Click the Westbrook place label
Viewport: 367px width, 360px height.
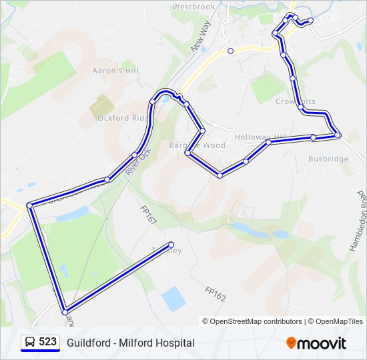click(x=194, y=7)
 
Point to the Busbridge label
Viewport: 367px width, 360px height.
click(x=328, y=159)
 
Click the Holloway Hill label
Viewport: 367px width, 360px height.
click(x=260, y=137)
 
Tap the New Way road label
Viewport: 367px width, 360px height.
click(x=200, y=36)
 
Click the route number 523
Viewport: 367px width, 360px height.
click(x=47, y=342)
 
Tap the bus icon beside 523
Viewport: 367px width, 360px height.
click(x=29, y=342)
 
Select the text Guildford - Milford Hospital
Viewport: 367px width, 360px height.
click(x=131, y=343)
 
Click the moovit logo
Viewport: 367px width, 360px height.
click(x=317, y=343)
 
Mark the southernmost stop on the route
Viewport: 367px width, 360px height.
click(x=65, y=311)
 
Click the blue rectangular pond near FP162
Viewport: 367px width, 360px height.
click(x=173, y=299)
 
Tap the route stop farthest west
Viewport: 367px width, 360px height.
click(x=29, y=205)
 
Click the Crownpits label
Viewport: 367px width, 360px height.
click(x=292, y=101)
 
